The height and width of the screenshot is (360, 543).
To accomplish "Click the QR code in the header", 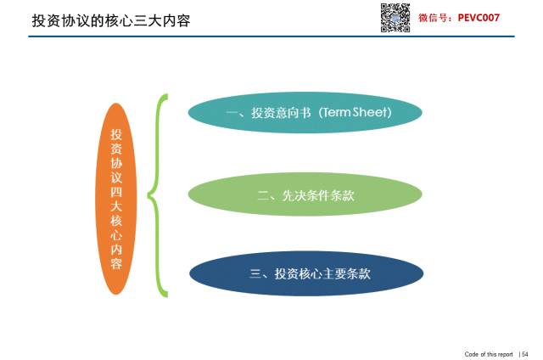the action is (x=395, y=18).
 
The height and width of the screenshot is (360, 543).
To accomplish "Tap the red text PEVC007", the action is (x=479, y=18).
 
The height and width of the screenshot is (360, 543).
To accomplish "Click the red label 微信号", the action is (x=433, y=18).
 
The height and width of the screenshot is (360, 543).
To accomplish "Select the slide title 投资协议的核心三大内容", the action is (x=111, y=20).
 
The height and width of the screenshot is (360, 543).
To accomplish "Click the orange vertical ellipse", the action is (x=116, y=199).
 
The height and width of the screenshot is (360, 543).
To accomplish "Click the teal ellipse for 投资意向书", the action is (x=305, y=112).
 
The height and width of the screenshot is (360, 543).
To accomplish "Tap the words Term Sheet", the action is (x=355, y=112).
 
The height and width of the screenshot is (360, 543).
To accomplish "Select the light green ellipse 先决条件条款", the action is (x=305, y=194).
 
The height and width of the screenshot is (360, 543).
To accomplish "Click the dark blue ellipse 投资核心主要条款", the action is (x=306, y=273).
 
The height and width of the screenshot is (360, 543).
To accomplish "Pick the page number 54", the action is (x=525, y=354).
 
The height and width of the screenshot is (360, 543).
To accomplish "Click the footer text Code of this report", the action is (x=489, y=354).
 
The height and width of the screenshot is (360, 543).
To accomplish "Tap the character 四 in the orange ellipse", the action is (x=116, y=192).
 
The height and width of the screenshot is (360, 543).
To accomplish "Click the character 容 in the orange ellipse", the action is (x=116, y=264).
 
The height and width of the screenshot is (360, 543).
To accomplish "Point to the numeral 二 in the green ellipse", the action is (x=263, y=196).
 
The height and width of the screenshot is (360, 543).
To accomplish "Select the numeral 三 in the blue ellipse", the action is (x=255, y=273).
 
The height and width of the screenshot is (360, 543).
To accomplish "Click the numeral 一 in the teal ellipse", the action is (x=232, y=113).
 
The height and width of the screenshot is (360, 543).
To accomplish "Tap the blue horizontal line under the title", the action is (x=271, y=36).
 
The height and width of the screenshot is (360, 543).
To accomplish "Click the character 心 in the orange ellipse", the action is (x=116, y=235).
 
